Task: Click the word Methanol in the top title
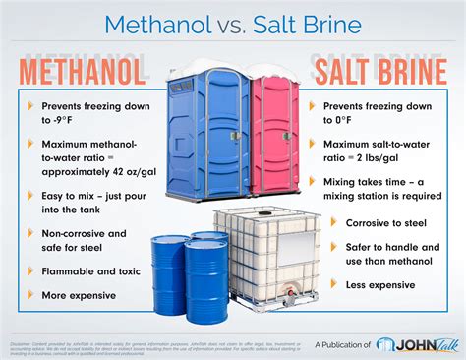coord(157,22)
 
